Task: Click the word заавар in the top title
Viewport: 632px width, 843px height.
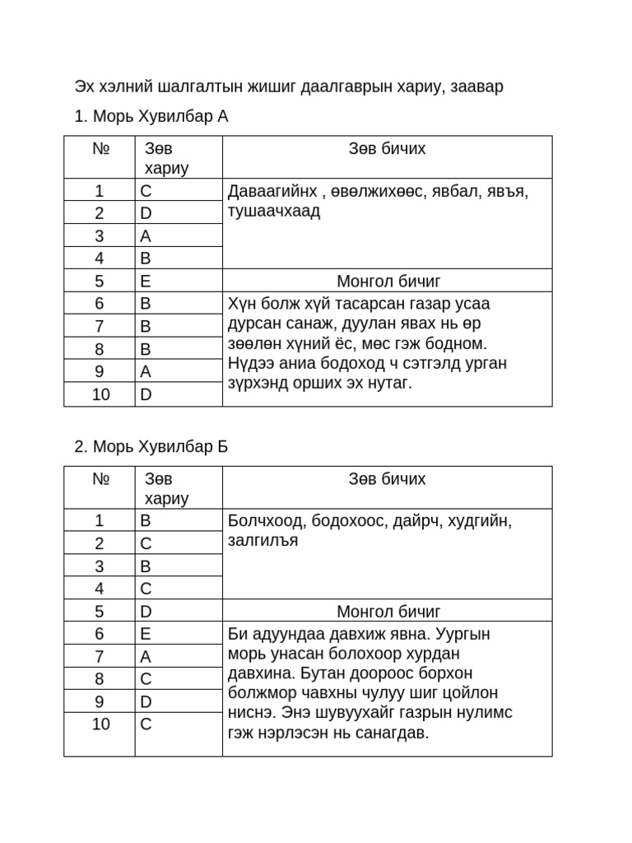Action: (x=476, y=86)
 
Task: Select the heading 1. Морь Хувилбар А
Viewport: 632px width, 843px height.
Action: (x=151, y=117)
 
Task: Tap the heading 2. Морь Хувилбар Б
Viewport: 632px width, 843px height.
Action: (x=151, y=447)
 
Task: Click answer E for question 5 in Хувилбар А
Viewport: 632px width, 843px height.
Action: (x=146, y=281)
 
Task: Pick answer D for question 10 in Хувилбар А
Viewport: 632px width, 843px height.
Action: (x=146, y=394)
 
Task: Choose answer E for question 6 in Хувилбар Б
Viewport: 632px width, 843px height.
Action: (x=146, y=633)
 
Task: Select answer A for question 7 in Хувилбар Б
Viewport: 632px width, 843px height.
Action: (x=146, y=656)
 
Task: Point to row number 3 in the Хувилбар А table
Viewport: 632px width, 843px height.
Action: (x=100, y=235)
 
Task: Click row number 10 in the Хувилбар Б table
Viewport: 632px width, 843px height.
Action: (x=100, y=724)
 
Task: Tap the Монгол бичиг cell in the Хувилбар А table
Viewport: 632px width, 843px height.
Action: (x=388, y=281)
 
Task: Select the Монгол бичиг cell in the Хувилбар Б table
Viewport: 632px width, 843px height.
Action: (x=388, y=611)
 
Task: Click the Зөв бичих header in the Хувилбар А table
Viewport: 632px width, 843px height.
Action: (x=388, y=149)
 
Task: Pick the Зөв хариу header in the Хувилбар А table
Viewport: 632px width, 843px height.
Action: (x=167, y=158)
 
